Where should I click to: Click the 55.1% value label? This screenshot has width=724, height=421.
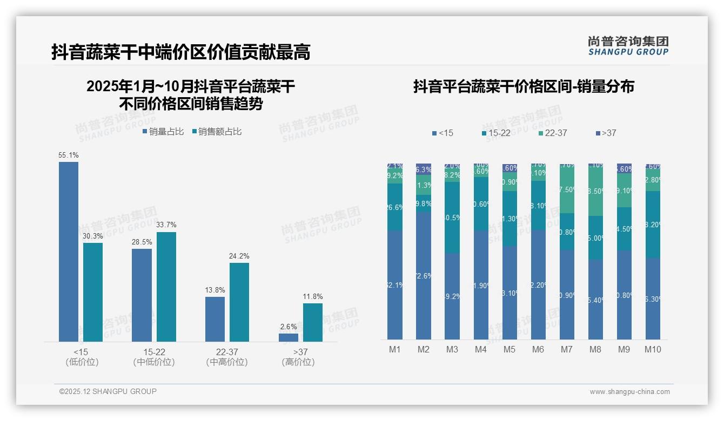click(x=69, y=155)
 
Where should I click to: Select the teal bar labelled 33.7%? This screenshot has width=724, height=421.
click(x=166, y=287)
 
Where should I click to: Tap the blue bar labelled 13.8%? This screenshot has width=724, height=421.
click(x=215, y=319)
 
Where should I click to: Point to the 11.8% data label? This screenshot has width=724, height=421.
click(x=313, y=297)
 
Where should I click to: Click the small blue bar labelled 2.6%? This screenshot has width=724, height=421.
click(x=289, y=337)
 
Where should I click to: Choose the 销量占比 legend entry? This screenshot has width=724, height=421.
click(x=163, y=132)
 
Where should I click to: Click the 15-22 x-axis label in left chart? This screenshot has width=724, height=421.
click(x=154, y=352)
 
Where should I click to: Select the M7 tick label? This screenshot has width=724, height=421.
click(x=566, y=349)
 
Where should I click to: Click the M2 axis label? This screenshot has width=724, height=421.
click(x=424, y=349)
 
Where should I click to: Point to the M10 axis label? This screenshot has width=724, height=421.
click(x=653, y=349)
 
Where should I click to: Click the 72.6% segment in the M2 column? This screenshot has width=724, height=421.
click(x=424, y=275)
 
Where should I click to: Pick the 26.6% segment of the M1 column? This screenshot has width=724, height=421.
click(x=395, y=207)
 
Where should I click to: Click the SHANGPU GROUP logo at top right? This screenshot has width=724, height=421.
click(x=628, y=46)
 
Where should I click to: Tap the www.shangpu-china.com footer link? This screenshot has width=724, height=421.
click(x=629, y=392)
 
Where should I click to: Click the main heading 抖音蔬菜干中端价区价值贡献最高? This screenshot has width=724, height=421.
click(x=181, y=52)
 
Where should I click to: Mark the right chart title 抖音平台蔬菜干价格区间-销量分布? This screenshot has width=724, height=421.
click(x=524, y=87)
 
